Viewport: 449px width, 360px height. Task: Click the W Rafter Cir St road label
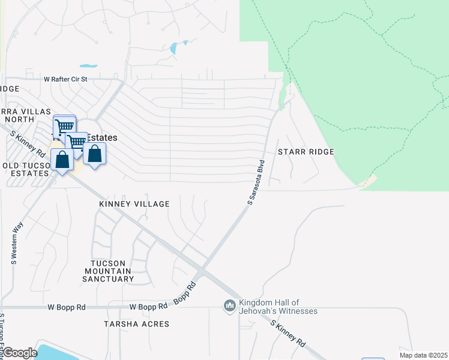pos(65,79)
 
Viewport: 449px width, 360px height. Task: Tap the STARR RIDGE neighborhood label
pos(306,152)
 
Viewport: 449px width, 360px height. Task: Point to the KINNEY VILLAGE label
pos(134,205)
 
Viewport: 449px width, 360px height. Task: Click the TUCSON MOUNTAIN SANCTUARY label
pos(112,271)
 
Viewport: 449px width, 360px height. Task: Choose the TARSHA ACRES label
pos(144,324)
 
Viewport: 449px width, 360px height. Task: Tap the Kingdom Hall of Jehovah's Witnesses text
pos(277,307)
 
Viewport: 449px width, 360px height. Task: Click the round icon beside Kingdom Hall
pos(229,307)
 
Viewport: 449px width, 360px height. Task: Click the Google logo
pos(20,353)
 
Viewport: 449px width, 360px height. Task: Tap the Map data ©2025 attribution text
pos(423,355)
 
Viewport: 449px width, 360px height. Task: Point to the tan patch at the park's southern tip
pos(369,181)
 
